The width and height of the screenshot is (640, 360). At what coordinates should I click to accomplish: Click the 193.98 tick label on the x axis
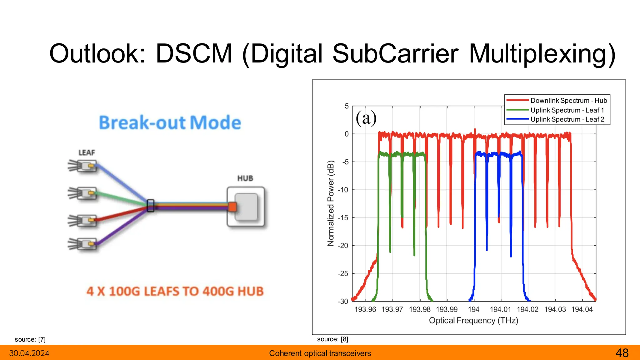pyautogui.click(x=420, y=309)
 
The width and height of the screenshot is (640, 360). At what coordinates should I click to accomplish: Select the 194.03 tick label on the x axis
pyautogui.click(x=555, y=309)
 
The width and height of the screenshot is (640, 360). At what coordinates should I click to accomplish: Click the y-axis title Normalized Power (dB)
pyautogui.click(x=331, y=203)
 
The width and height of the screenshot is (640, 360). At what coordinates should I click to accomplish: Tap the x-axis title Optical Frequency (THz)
pyautogui.click(x=473, y=321)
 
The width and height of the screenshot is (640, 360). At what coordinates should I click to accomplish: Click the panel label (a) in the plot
pyautogui.click(x=366, y=118)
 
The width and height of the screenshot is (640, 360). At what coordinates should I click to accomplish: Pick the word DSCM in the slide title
pyautogui.click(x=194, y=54)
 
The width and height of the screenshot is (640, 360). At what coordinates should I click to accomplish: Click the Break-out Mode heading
pyautogui.click(x=170, y=122)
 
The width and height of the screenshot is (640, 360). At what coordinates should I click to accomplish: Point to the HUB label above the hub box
pyautogui.click(x=245, y=178)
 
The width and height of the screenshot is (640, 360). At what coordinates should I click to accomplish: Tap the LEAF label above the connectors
pyautogui.click(x=87, y=152)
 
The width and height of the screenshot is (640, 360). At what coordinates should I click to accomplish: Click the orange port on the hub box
pyautogui.click(x=232, y=207)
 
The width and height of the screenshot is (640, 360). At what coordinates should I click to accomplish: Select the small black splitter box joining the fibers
pyautogui.click(x=151, y=206)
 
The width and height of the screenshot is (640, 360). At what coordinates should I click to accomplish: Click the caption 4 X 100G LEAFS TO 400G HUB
pyautogui.click(x=175, y=291)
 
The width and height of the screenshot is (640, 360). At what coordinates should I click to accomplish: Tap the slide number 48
pyautogui.click(x=622, y=353)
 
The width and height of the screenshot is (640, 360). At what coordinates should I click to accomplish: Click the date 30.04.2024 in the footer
pyautogui.click(x=29, y=353)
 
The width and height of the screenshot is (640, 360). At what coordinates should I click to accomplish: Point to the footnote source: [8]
pyautogui.click(x=332, y=339)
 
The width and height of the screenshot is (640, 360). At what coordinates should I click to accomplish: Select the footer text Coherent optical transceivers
pyautogui.click(x=320, y=353)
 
